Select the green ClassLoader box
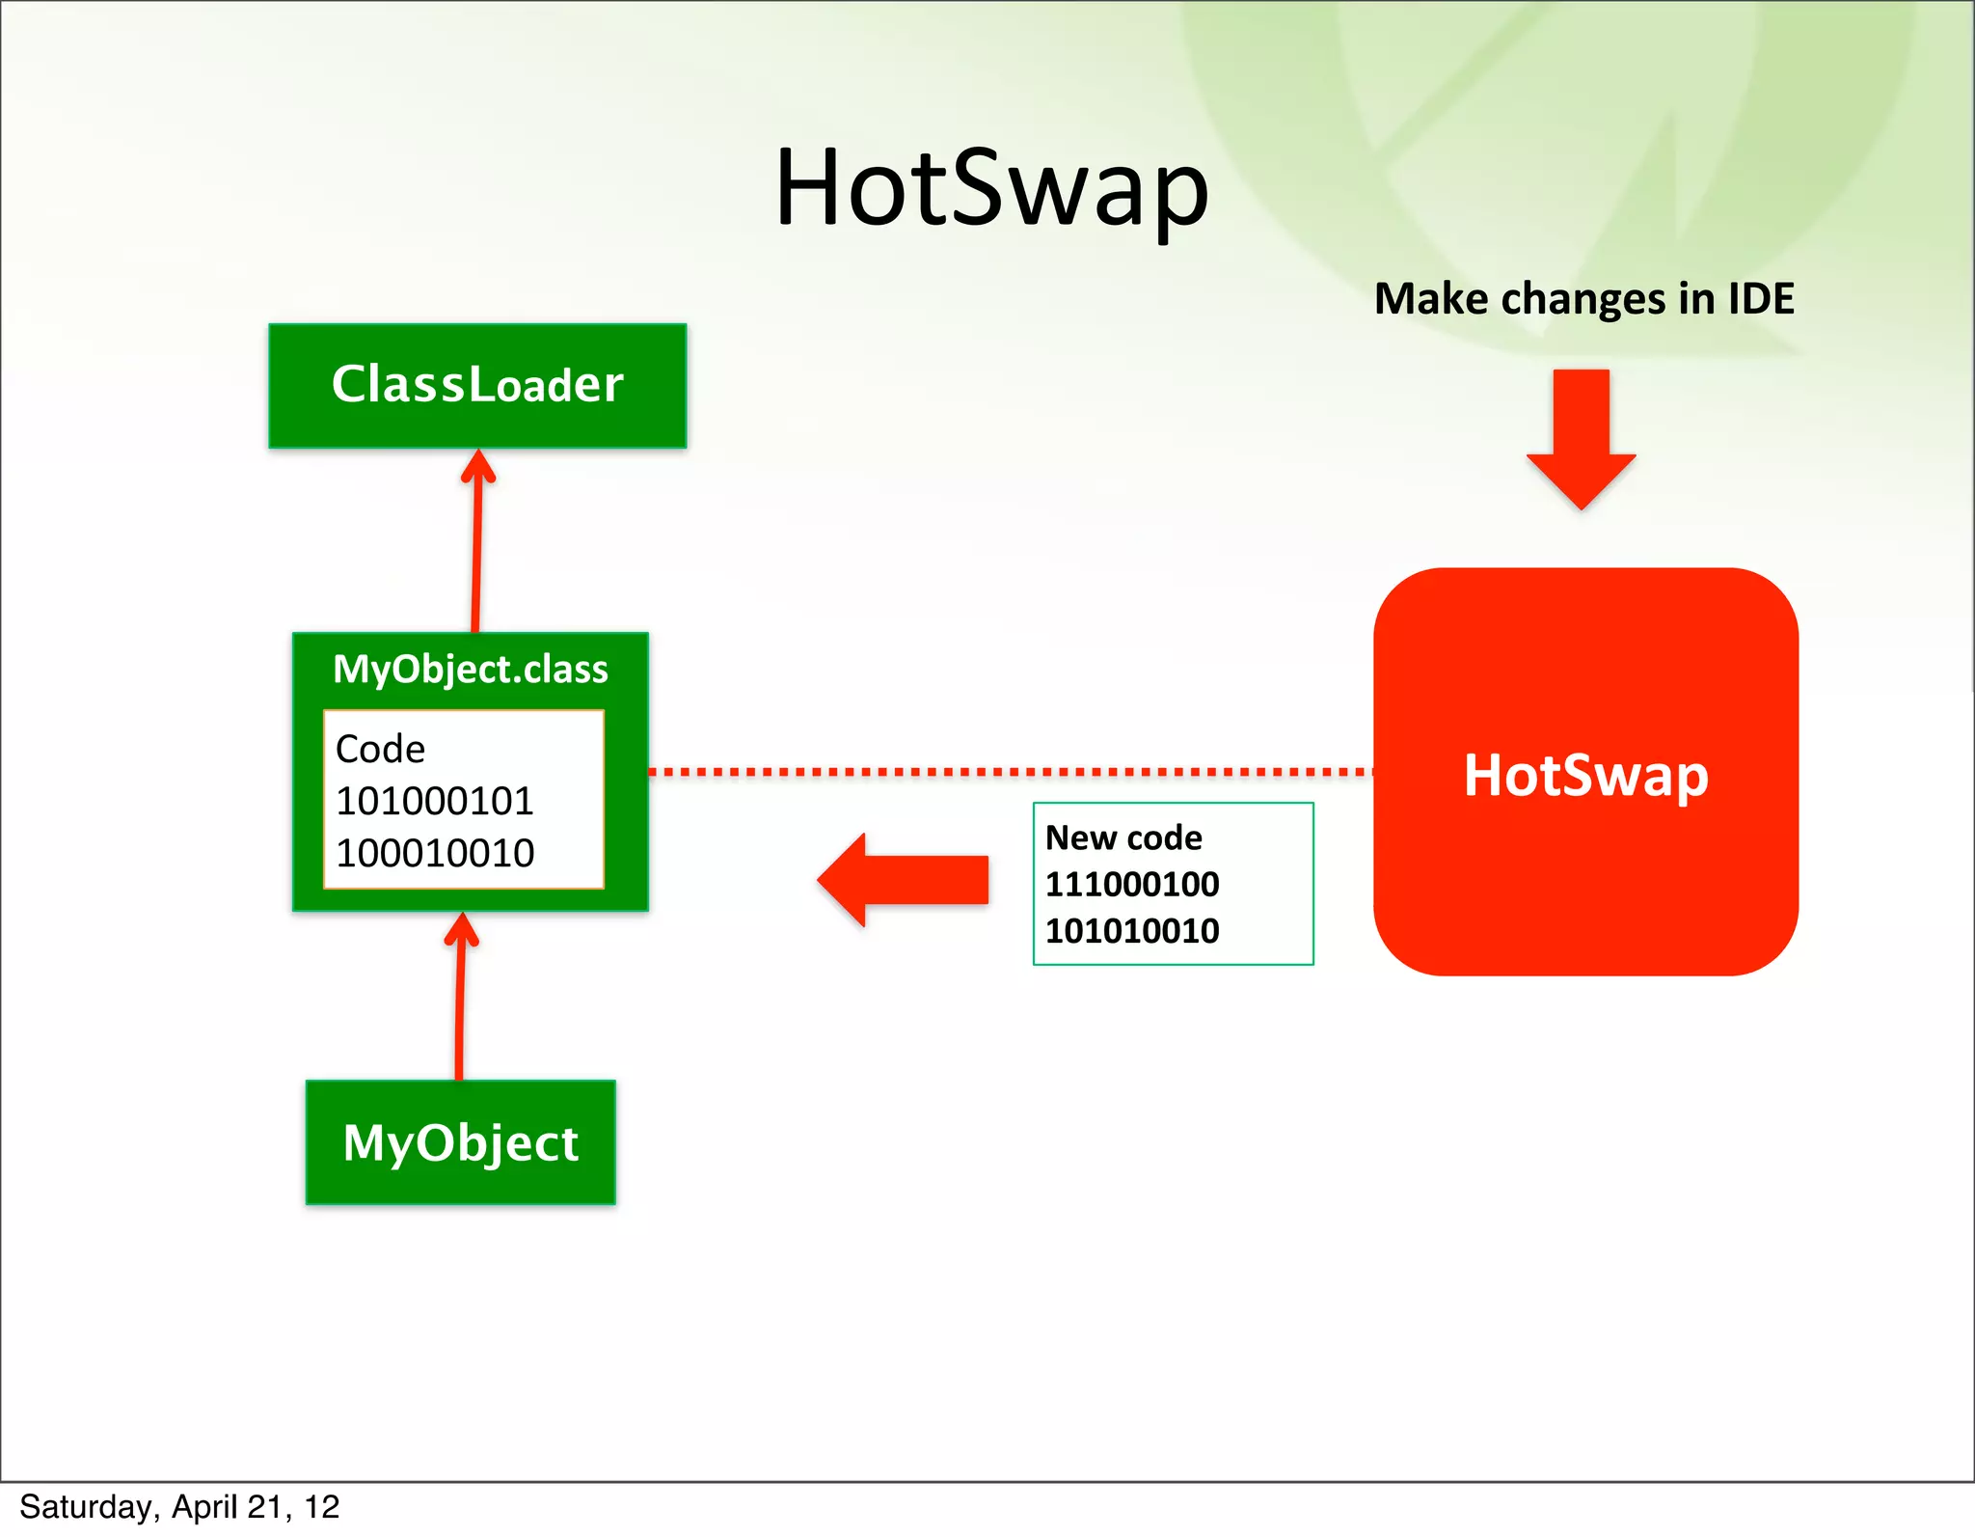(x=477, y=386)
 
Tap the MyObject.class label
(x=471, y=669)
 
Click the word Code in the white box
(x=380, y=749)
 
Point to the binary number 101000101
(x=435, y=801)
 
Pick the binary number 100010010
(x=435, y=853)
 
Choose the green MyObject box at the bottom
(x=461, y=1142)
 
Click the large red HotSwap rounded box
(x=1585, y=773)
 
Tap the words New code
(x=1123, y=837)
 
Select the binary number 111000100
(x=1132, y=884)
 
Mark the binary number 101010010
(x=1132, y=931)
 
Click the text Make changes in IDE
(x=1583, y=298)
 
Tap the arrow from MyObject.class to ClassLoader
(x=476, y=540)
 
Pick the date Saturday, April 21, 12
(x=179, y=1507)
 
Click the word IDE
(x=1761, y=298)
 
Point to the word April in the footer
(x=204, y=1507)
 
